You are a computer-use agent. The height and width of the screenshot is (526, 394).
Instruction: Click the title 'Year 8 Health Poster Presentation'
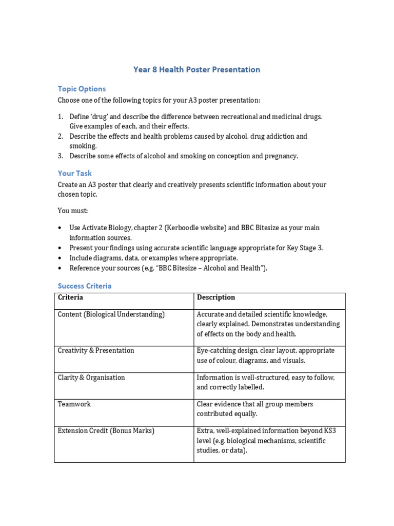(x=196, y=69)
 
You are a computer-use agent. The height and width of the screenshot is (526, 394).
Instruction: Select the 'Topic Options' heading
(x=82, y=89)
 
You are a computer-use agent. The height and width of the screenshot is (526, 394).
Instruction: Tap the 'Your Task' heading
(x=75, y=173)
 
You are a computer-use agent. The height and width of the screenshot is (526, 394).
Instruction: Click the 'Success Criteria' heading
(x=85, y=286)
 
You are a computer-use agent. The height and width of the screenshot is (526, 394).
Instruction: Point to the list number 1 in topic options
(x=60, y=117)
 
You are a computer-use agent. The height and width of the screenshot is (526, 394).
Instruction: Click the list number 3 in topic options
(x=60, y=156)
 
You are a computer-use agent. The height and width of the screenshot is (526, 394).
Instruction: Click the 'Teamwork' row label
(x=74, y=404)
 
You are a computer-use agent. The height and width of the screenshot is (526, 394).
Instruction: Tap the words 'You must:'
(x=73, y=211)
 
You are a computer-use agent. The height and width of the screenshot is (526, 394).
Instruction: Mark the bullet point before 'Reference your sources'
(x=61, y=268)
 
